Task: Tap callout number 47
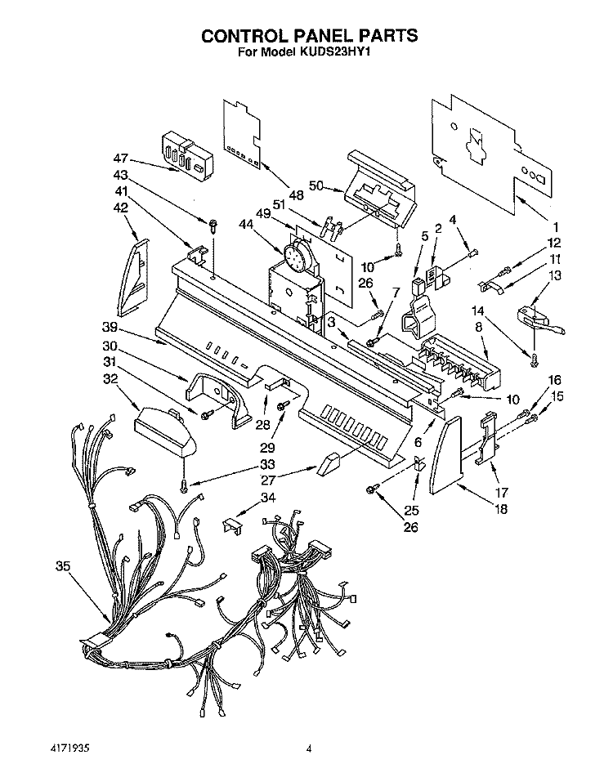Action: click(121, 159)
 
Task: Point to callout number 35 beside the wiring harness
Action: click(63, 566)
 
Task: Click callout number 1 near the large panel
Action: click(555, 227)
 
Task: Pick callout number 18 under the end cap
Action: click(500, 508)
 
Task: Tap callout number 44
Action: click(245, 225)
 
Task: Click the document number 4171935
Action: click(72, 748)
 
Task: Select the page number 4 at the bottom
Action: click(309, 748)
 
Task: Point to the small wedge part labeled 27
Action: click(327, 464)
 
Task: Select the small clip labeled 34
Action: click(232, 526)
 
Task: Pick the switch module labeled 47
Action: click(188, 156)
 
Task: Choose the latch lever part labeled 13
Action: click(540, 319)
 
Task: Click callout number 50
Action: click(316, 185)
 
